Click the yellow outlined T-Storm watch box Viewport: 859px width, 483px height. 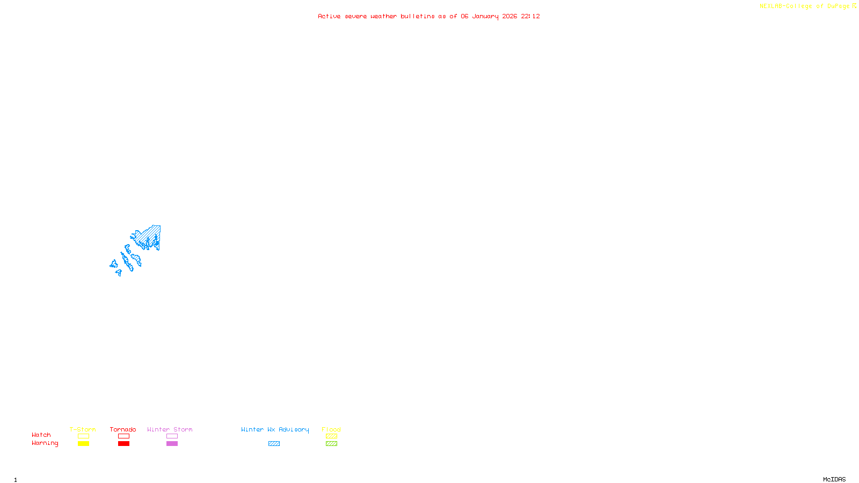pyautogui.click(x=83, y=436)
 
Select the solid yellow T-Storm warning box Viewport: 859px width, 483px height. pyautogui.click(x=83, y=444)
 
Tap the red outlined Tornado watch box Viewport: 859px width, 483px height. pyautogui.click(x=123, y=436)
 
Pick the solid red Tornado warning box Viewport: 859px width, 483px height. pyautogui.click(x=123, y=444)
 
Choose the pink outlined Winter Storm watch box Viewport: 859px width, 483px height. pyautogui.click(x=172, y=436)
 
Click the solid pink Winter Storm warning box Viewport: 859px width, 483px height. pyautogui.click(x=172, y=444)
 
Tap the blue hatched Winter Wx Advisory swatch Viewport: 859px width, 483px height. pyautogui.click(x=274, y=444)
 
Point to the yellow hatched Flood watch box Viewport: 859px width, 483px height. pyautogui.click(x=331, y=436)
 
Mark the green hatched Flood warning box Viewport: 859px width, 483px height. pyautogui.click(x=331, y=444)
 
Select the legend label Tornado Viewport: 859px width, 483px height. pyautogui.click(x=123, y=429)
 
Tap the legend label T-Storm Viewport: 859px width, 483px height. pyautogui.click(x=83, y=429)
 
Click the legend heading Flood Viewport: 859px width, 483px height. pyautogui.click(x=331, y=429)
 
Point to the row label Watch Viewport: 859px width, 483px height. pyautogui.click(x=41, y=435)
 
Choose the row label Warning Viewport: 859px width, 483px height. pyautogui.click(x=45, y=443)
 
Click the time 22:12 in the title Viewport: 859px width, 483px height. pyautogui.click(x=530, y=16)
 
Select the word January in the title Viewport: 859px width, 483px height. pyautogui.click(x=485, y=16)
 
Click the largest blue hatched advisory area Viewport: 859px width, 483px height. pyautogui.click(x=150, y=236)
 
